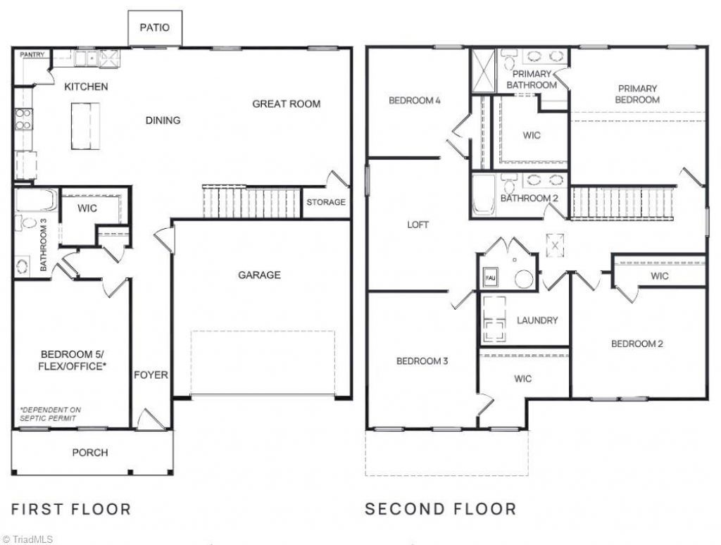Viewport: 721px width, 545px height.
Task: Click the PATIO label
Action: coord(154,27)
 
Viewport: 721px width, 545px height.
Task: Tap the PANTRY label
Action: coord(32,54)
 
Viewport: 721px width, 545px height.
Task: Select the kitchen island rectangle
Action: coord(85,126)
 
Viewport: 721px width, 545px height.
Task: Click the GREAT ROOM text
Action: coord(286,104)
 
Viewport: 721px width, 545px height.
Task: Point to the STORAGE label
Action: coord(326,202)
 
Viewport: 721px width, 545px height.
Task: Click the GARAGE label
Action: coord(259,275)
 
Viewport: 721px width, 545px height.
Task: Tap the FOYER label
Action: coord(151,375)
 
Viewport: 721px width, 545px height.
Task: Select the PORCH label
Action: coord(90,453)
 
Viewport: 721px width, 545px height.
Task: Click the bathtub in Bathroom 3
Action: coord(36,199)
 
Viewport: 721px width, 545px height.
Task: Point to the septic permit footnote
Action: coord(50,414)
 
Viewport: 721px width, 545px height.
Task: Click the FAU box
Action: coord(489,277)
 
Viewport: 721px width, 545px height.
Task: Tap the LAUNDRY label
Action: coord(537,320)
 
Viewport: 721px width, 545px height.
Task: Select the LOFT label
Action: coord(418,225)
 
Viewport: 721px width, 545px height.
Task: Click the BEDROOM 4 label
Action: coord(415,100)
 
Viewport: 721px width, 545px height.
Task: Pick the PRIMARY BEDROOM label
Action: coord(637,94)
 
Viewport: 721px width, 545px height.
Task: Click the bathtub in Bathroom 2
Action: coord(484,194)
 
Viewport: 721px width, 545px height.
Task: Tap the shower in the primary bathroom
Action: coord(483,71)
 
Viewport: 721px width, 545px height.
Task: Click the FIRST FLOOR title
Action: coord(71,509)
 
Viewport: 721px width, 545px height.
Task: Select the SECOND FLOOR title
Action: coord(441,509)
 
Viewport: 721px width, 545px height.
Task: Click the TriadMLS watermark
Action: coord(27,539)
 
